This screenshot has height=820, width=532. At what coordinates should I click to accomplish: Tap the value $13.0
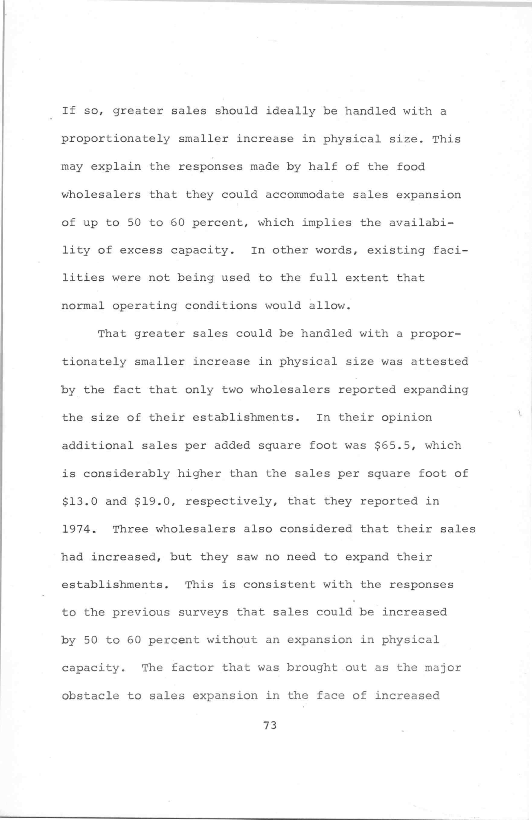click(79, 501)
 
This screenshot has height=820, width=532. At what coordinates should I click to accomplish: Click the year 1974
click(76, 529)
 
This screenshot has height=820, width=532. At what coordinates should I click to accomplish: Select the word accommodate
click(305, 195)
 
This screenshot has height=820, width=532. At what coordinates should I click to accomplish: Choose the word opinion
click(406, 418)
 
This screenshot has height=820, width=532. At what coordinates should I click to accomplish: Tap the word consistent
click(279, 585)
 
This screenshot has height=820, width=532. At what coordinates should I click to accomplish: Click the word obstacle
click(90, 696)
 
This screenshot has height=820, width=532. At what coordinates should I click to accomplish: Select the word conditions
click(221, 306)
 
